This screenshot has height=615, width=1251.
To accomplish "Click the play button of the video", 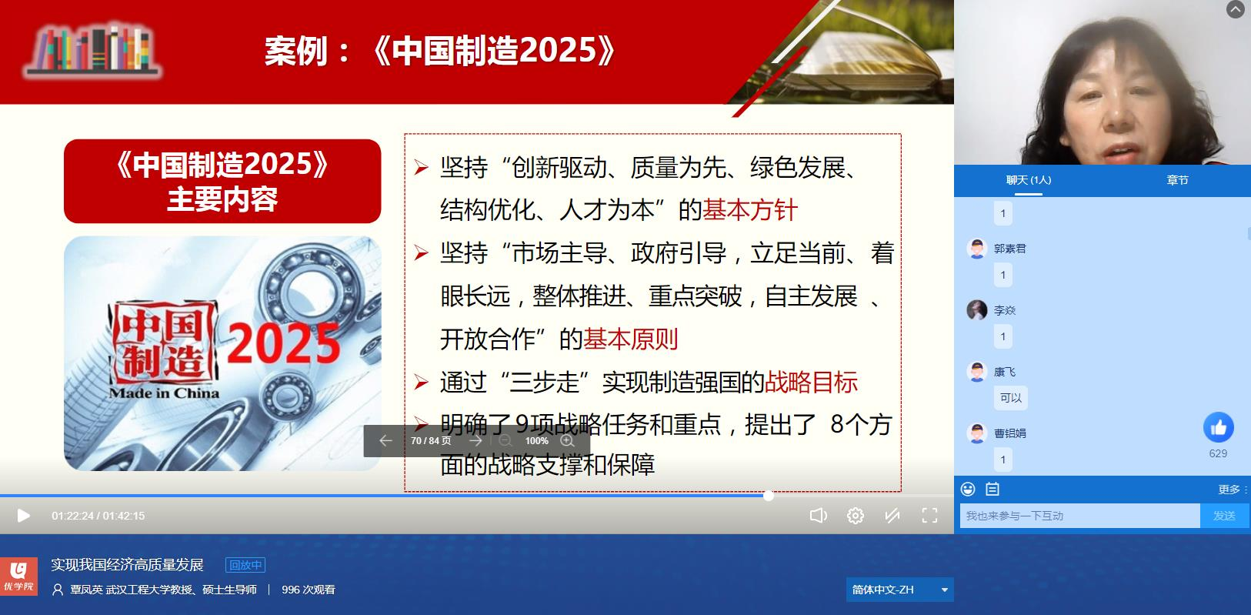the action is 23,516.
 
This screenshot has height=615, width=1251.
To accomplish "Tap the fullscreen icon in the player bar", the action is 929,516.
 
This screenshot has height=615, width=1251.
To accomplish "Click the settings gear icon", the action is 855,516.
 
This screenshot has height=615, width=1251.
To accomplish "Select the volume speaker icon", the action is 818,516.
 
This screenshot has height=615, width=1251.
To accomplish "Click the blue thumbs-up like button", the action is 1218,427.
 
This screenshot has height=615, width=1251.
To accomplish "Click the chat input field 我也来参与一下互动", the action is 1079,516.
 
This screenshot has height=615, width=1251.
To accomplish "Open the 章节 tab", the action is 1177,180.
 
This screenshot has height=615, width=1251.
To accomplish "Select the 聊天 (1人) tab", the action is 1028,180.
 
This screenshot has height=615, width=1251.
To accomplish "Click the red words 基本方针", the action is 749,210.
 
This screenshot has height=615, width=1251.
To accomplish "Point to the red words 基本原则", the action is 631,339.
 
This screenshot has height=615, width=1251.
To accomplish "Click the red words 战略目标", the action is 811,382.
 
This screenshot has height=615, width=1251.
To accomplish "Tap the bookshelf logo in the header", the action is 92,49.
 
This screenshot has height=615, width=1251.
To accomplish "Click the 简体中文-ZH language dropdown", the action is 899,590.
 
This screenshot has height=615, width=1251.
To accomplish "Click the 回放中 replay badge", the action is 245,565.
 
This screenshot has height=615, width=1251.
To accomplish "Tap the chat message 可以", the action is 1011,398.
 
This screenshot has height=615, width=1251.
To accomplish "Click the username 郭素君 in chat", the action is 1009,249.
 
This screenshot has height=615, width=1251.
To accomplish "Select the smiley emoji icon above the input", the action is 968,490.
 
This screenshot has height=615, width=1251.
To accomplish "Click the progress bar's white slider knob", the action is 769,496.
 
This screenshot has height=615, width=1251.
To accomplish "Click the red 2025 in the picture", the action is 284,343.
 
